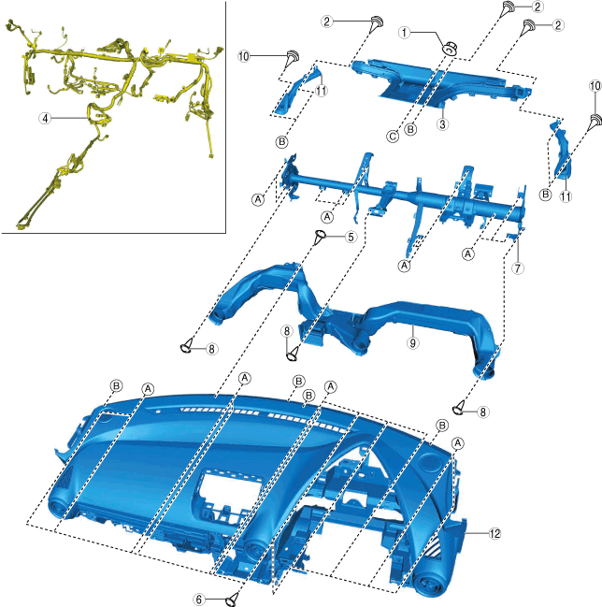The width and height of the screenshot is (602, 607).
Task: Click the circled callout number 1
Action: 404,32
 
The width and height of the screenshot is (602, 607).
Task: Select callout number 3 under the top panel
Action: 444,123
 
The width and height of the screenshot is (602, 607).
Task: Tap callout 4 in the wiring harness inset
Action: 44,118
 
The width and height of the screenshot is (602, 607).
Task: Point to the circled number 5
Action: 350,238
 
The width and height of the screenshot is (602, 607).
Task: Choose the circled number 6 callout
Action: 199,599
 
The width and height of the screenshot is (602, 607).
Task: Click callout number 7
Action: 517,268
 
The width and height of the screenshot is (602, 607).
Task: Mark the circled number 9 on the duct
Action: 411,342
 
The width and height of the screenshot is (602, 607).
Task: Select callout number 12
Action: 495,533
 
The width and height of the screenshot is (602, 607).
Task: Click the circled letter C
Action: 393,137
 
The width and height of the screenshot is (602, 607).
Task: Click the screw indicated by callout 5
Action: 321,236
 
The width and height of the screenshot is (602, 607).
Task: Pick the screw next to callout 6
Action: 234,595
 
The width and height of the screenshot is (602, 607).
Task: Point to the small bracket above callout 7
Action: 513,239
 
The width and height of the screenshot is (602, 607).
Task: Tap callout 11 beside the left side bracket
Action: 321,91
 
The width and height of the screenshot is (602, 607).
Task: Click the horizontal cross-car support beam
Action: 402,197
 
